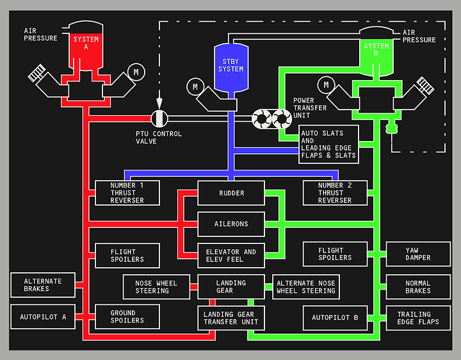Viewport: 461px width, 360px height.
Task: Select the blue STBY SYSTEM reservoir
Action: (231, 67)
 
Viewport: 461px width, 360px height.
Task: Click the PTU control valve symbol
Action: (159, 119)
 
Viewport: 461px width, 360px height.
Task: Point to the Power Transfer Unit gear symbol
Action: (271, 119)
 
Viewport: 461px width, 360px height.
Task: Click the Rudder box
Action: (231, 193)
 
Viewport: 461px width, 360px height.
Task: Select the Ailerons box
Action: (231, 224)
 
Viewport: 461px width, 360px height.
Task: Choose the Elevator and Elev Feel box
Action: (231, 256)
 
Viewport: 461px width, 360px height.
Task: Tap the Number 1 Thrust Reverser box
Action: (127, 193)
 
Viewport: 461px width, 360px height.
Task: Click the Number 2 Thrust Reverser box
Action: (335, 193)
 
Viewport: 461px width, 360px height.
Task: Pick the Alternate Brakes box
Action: (43, 285)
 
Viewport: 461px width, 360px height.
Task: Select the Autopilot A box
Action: (43, 317)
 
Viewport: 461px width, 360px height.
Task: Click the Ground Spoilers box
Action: (127, 317)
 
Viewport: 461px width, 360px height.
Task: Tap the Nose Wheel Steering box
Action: (156, 287)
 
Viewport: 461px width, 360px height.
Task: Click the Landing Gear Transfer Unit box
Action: (231, 318)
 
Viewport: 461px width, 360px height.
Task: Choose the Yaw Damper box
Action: (418, 254)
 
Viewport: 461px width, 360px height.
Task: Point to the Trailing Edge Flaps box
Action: (418, 318)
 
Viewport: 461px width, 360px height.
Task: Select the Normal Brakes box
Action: (418, 287)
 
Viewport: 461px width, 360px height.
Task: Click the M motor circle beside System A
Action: (136, 72)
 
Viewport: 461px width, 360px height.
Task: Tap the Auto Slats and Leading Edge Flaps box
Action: (328, 144)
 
